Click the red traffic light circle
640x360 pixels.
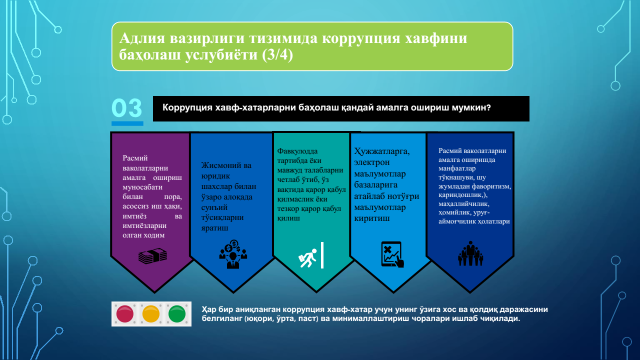click(x=125, y=313)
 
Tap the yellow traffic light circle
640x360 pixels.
click(x=151, y=313)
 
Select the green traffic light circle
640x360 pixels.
click(x=177, y=313)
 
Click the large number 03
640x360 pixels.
click(x=126, y=108)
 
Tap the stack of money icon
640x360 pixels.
click(x=152, y=255)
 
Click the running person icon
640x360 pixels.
click(x=307, y=258)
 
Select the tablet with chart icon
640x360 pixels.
click(x=392, y=254)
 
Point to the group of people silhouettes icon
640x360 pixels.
click(x=470, y=253)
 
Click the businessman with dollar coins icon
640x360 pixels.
click(x=233, y=254)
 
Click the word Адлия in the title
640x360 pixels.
click(x=142, y=38)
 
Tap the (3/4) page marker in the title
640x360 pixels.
click(x=277, y=55)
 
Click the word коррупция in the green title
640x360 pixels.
click(x=361, y=38)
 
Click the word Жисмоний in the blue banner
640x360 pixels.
click(x=218, y=165)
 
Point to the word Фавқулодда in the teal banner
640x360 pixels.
click(x=297, y=151)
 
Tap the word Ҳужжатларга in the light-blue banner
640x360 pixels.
click(x=381, y=151)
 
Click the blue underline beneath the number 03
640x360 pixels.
click(x=127, y=123)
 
